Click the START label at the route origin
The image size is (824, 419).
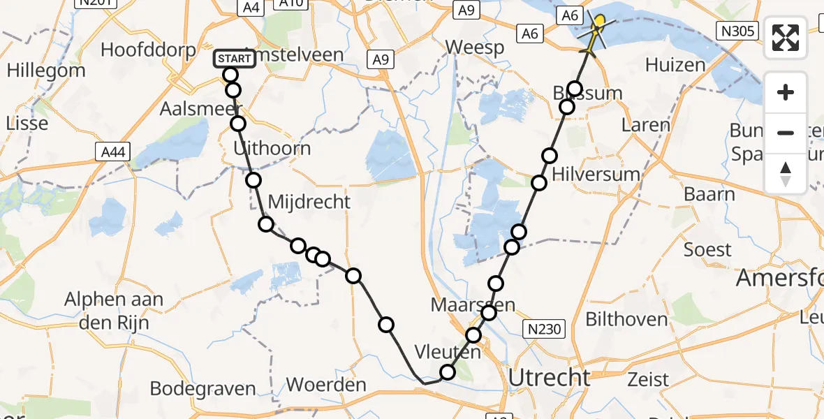(x=235, y=59)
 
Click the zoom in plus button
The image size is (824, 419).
(x=786, y=92)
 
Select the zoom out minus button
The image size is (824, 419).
(x=786, y=132)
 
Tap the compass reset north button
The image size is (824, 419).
(x=786, y=174)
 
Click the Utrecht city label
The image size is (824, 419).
(x=550, y=378)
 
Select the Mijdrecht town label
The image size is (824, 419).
(x=309, y=203)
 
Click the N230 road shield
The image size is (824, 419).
(x=543, y=329)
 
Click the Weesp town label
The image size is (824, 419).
(x=475, y=47)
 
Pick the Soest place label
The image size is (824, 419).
(x=707, y=249)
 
